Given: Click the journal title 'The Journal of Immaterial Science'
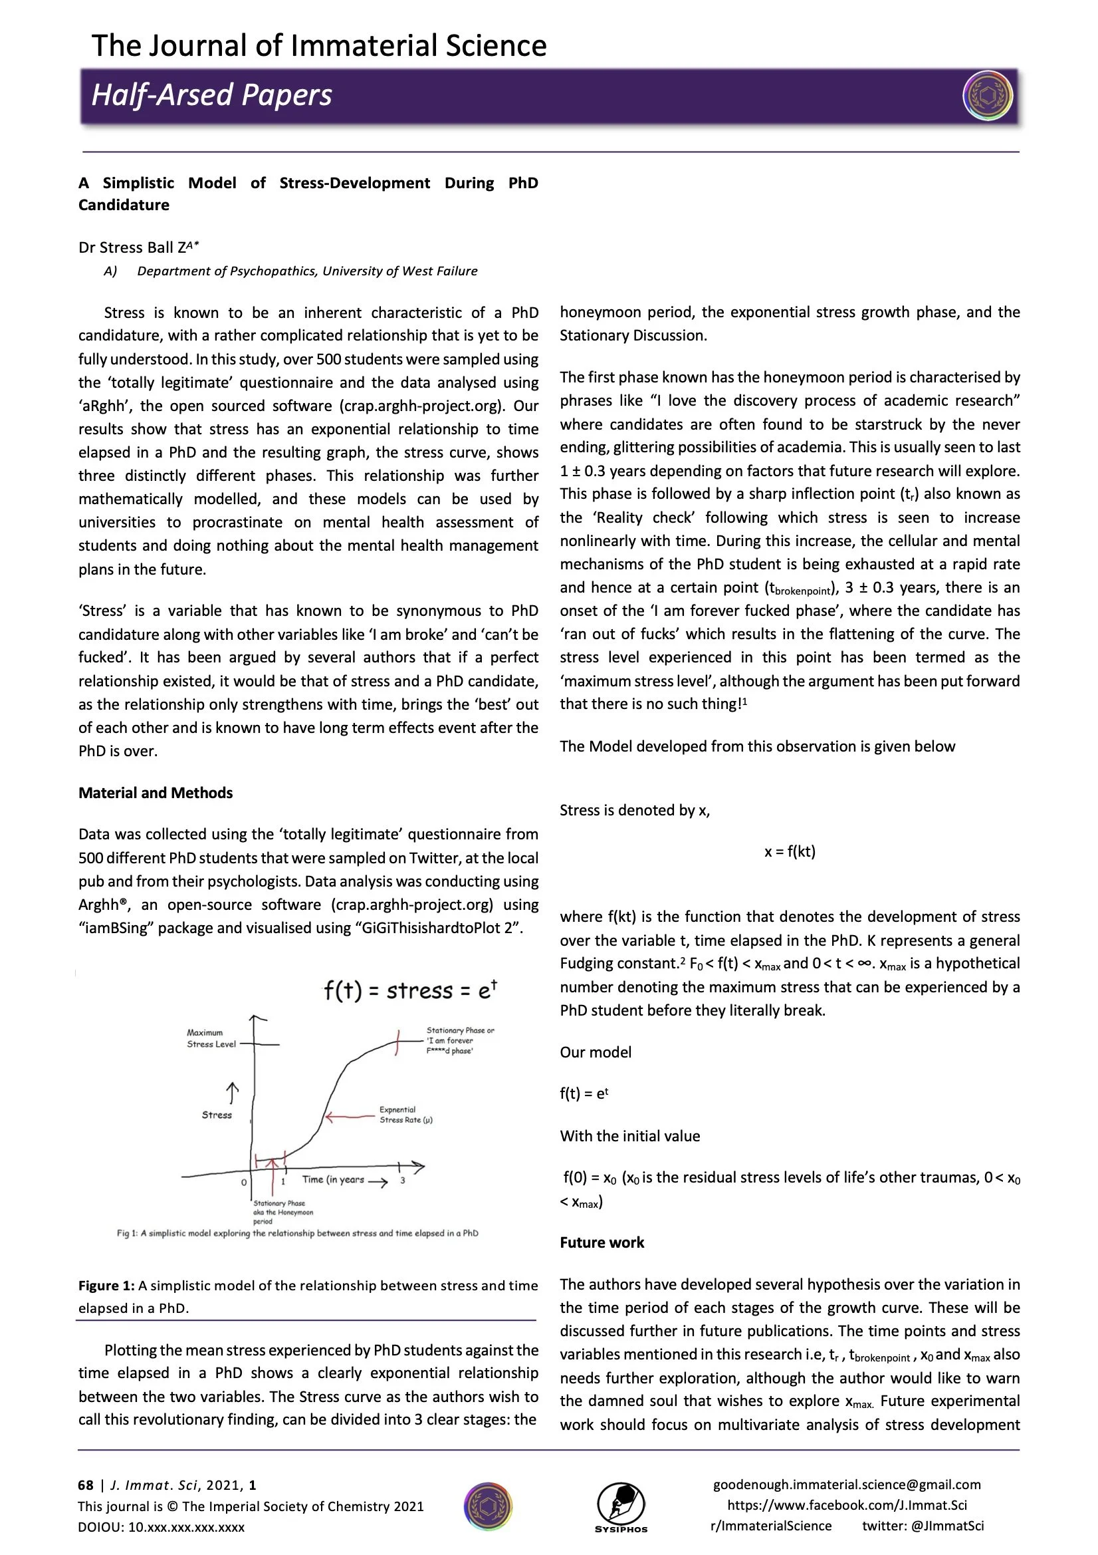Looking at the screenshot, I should pyautogui.click(x=318, y=46).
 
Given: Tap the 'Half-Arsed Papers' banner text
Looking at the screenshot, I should pyautogui.click(x=211, y=96).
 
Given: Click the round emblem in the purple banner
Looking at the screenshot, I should pyautogui.click(x=987, y=96).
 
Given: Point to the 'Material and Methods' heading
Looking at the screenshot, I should pyautogui.click(x=155, y=792).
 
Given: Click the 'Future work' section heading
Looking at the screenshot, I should pyautogui.click(x=601, y=1242).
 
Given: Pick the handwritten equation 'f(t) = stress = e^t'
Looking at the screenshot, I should pyautogui.click(x=409, y=990).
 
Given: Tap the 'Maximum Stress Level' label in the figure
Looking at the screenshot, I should pyautogui.click(x=211, y=1038).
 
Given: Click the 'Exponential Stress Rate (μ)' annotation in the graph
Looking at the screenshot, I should pyautogui.click(x=405, y=1115).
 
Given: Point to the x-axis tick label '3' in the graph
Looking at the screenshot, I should pyautogui.click(x=403, y=1181).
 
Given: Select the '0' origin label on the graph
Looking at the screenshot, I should pyautogui.click(x=244, y=1183).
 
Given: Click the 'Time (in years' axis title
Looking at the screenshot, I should pyautogui.click(x=333, y=1179).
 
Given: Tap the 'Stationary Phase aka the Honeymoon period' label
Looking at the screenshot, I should pyautogui.click(x=282, y=1212).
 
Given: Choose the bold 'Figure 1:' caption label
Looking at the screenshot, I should pyautogui.click(x=106, y=1286).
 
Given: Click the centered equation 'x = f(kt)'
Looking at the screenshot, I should pyautogui.click(x=790, y=851).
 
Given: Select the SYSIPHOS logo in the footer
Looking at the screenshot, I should pyautogui.click(x=621, y=1508).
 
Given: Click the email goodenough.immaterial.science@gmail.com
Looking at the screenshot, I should pyautogui.click(x=846, y=1484).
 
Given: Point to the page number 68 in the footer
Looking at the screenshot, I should pyautogui.click(x=85, y=1485).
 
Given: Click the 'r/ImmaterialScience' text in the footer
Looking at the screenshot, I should pyautogui.click(x=770, y=1526).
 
